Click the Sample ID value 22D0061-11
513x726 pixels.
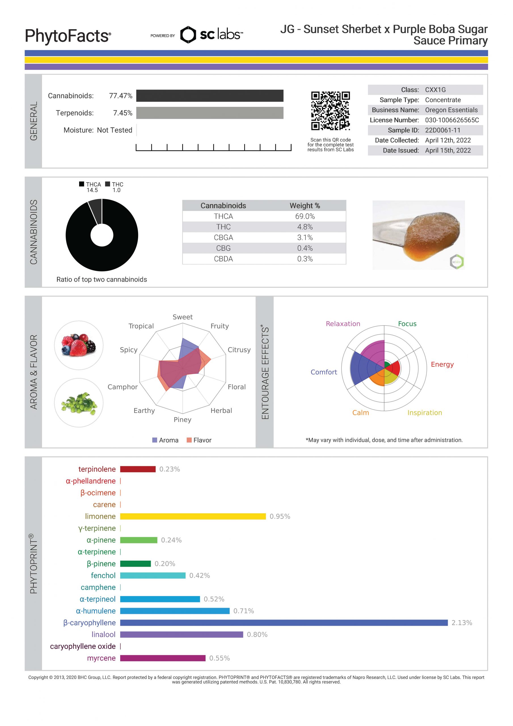pos(442,130)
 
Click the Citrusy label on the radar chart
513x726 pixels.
pos(239,350)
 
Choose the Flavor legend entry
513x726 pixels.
pos(199,440)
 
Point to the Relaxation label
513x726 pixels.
pos(343,324)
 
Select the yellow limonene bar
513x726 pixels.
pos(193,516)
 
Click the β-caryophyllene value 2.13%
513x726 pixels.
pos(461,623)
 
